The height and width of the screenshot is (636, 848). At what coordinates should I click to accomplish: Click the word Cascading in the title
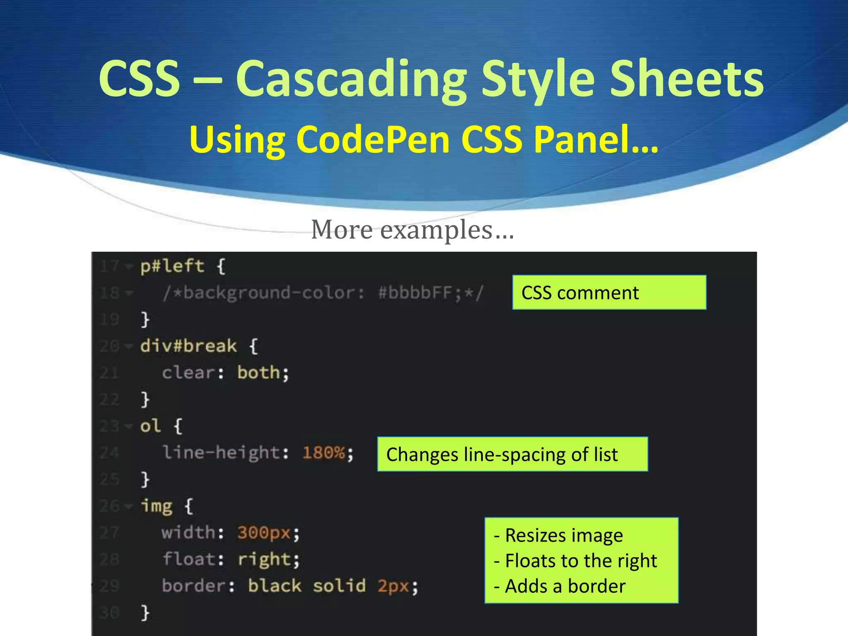(351, 79)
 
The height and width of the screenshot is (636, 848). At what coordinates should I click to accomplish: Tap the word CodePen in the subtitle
(373, 140)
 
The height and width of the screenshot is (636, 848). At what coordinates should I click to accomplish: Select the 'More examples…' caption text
(412, 229)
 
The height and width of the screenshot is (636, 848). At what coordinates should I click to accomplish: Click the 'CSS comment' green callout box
(609, 292)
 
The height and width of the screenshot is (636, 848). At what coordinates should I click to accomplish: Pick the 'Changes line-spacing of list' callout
(512, 454)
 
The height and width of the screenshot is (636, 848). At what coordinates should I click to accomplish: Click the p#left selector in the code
(172, 266)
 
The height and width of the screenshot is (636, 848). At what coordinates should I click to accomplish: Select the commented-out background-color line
(323, 293)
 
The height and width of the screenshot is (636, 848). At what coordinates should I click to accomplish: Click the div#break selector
(188, 346)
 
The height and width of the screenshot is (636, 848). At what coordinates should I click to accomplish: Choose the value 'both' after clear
(259, 373)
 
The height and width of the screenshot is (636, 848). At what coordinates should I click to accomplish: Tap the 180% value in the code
(324, 453)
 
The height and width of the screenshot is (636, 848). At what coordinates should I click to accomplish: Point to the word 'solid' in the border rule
(339, 586)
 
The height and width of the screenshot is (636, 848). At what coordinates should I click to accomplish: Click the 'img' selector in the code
(157, 506)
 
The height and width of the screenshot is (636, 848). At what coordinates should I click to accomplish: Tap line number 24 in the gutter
(109, 453)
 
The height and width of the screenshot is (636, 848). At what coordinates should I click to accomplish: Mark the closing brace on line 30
(145, 612)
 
